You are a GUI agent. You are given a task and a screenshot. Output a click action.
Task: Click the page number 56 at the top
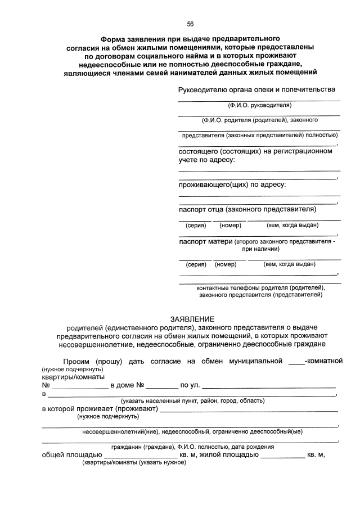[190, 23]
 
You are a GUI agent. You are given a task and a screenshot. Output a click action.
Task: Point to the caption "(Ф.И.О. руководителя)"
[260, 105]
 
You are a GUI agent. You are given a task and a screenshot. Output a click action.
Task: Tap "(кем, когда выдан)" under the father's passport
[292, 226]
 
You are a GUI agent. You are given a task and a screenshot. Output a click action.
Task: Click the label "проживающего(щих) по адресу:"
[232, 184]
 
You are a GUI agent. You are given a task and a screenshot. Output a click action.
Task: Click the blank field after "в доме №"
[163, 386]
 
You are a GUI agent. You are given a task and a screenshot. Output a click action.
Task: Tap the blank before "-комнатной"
[296, 361]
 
